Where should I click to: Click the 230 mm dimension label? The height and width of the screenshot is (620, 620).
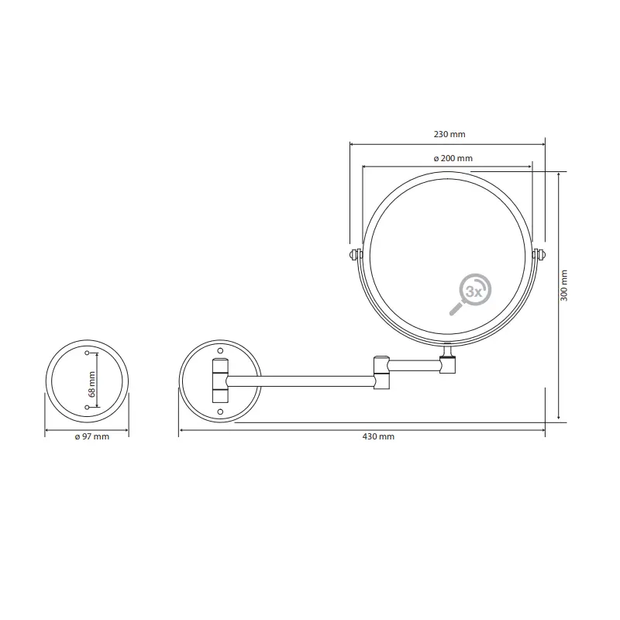coord(449,134)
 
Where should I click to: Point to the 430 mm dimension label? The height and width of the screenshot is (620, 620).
coord(379,437)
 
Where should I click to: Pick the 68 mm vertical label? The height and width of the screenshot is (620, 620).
coord(91,383)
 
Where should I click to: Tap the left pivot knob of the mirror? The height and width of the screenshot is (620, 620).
coord(355,254)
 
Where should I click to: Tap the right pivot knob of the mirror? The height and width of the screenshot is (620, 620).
coord(540,254)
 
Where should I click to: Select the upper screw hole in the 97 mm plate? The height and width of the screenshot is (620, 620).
coord(86,353)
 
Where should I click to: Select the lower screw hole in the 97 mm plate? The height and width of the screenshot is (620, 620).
coord(86,407)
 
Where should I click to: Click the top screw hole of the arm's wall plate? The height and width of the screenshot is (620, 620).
coord(220,351)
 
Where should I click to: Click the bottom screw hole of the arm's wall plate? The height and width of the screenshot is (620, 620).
coord(220,411)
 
